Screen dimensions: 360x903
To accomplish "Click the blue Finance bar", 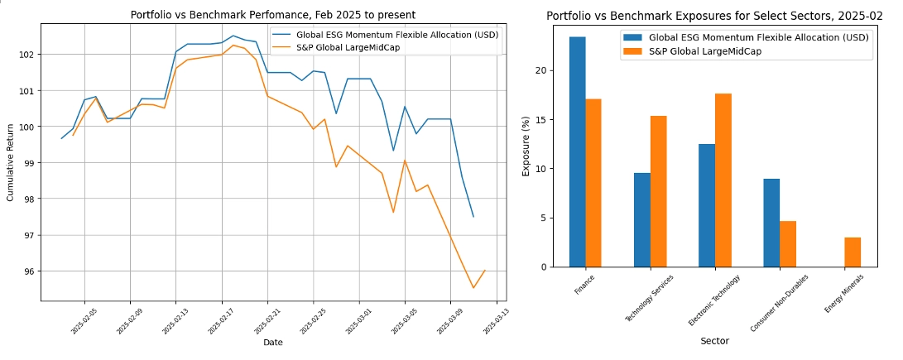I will [x=577, y=152].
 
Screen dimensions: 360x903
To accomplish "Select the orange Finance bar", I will [x=593, y=183].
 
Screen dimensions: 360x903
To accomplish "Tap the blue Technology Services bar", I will [x=641, y=220].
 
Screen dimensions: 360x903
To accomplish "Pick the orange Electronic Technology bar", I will [x=723, y=180].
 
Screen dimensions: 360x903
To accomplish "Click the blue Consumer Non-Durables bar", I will [x=771, y=223].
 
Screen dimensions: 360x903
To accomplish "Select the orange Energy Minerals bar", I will [x=853, y=252].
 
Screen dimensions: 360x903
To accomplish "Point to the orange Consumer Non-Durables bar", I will [x=788, y=244].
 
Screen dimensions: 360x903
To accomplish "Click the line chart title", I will [x=273, y=14].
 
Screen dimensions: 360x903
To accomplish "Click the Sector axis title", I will [x=714, y=340].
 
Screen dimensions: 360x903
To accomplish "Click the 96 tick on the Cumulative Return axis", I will [x=30, y=271].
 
